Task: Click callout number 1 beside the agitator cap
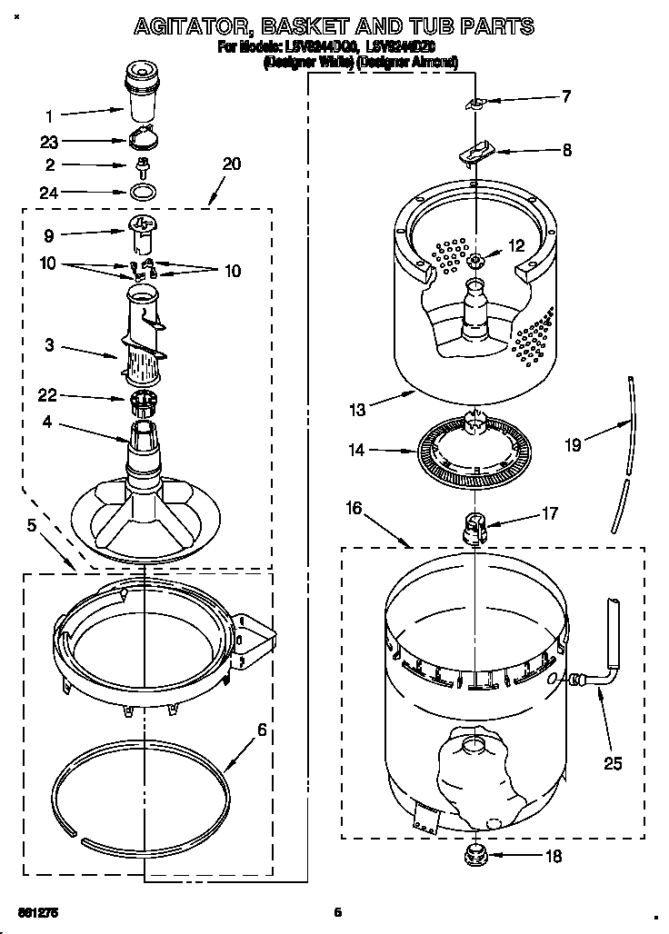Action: point(49,115)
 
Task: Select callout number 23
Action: point(49,142)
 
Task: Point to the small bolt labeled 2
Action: point(142,167)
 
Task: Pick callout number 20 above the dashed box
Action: point(231,164)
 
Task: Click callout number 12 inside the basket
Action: point(516,245)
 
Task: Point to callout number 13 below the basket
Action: point(356,410)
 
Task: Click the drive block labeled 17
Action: point(472,525)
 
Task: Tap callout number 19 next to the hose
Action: point(572,444)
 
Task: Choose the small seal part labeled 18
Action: point(472,853)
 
